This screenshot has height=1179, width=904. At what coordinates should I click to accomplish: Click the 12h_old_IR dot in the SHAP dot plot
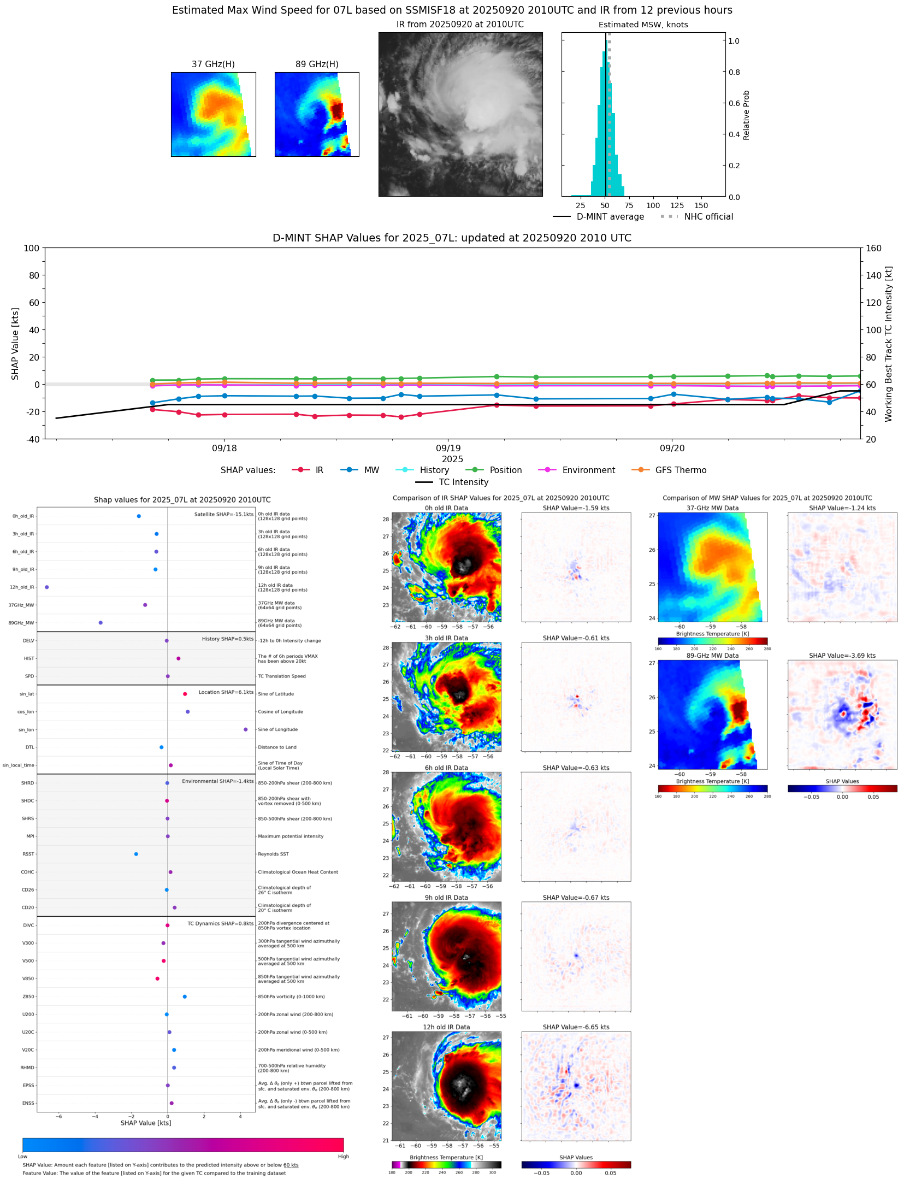(47, 587)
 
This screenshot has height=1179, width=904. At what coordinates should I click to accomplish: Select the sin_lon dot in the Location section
(246, 729)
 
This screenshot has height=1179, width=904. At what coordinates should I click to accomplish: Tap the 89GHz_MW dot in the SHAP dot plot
(101, 622)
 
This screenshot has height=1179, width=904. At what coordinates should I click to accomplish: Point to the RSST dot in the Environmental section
(136, 854)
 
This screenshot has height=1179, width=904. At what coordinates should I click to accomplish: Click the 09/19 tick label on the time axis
(448, 448)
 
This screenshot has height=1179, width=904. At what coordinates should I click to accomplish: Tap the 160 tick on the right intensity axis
(873, 248)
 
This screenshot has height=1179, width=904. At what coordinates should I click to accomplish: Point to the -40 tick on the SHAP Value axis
(31, 439)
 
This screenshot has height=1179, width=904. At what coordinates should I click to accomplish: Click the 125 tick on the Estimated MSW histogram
(677, 205)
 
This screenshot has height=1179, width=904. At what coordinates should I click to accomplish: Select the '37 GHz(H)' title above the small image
(213, 64)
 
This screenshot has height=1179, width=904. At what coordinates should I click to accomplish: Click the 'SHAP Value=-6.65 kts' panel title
(576, 1027)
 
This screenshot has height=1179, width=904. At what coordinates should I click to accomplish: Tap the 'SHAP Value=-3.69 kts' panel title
(842, 656)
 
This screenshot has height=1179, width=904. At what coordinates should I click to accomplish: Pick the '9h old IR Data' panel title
(446, 898)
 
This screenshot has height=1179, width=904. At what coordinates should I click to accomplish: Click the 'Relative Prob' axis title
(746, 115)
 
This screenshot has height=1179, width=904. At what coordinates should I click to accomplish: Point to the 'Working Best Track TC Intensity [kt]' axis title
(888, 344)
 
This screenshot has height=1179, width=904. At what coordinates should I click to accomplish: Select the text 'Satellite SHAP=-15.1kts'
(223, 514)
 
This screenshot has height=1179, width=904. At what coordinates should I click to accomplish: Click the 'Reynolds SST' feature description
(273, 854)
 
